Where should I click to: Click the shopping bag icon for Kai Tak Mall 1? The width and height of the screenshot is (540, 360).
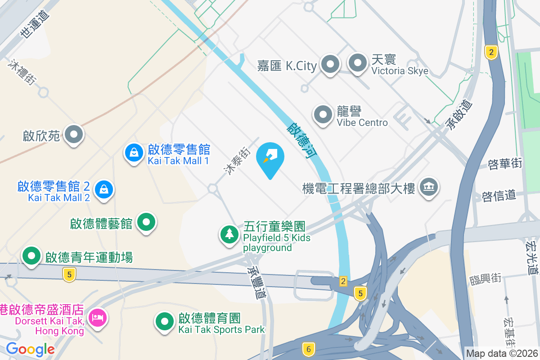[x=134, y=153]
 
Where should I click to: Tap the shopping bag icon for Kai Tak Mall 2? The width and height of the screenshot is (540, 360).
[x=104, y=189]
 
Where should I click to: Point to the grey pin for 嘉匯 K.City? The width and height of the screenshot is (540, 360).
[x=331, y=64]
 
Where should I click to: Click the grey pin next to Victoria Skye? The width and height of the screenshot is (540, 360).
[x=358, y=64]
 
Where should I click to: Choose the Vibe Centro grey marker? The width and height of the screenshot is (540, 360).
[x=323, y=114]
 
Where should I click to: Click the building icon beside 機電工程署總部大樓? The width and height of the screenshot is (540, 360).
[x=428, y=187]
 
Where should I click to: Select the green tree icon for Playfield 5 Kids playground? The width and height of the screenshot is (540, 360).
[x=229, y=234]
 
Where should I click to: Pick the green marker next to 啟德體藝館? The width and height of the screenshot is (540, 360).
[x=146, y=222]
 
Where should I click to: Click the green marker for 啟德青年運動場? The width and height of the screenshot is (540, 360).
[x=31, y=256]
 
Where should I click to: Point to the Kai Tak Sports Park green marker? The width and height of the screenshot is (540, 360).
[x=165, y=321]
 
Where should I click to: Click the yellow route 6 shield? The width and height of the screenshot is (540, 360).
[x=308, y=349]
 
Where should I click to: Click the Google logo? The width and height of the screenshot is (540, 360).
[x=30, y=349]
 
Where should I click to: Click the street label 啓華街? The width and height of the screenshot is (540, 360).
[x=505, y=163]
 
